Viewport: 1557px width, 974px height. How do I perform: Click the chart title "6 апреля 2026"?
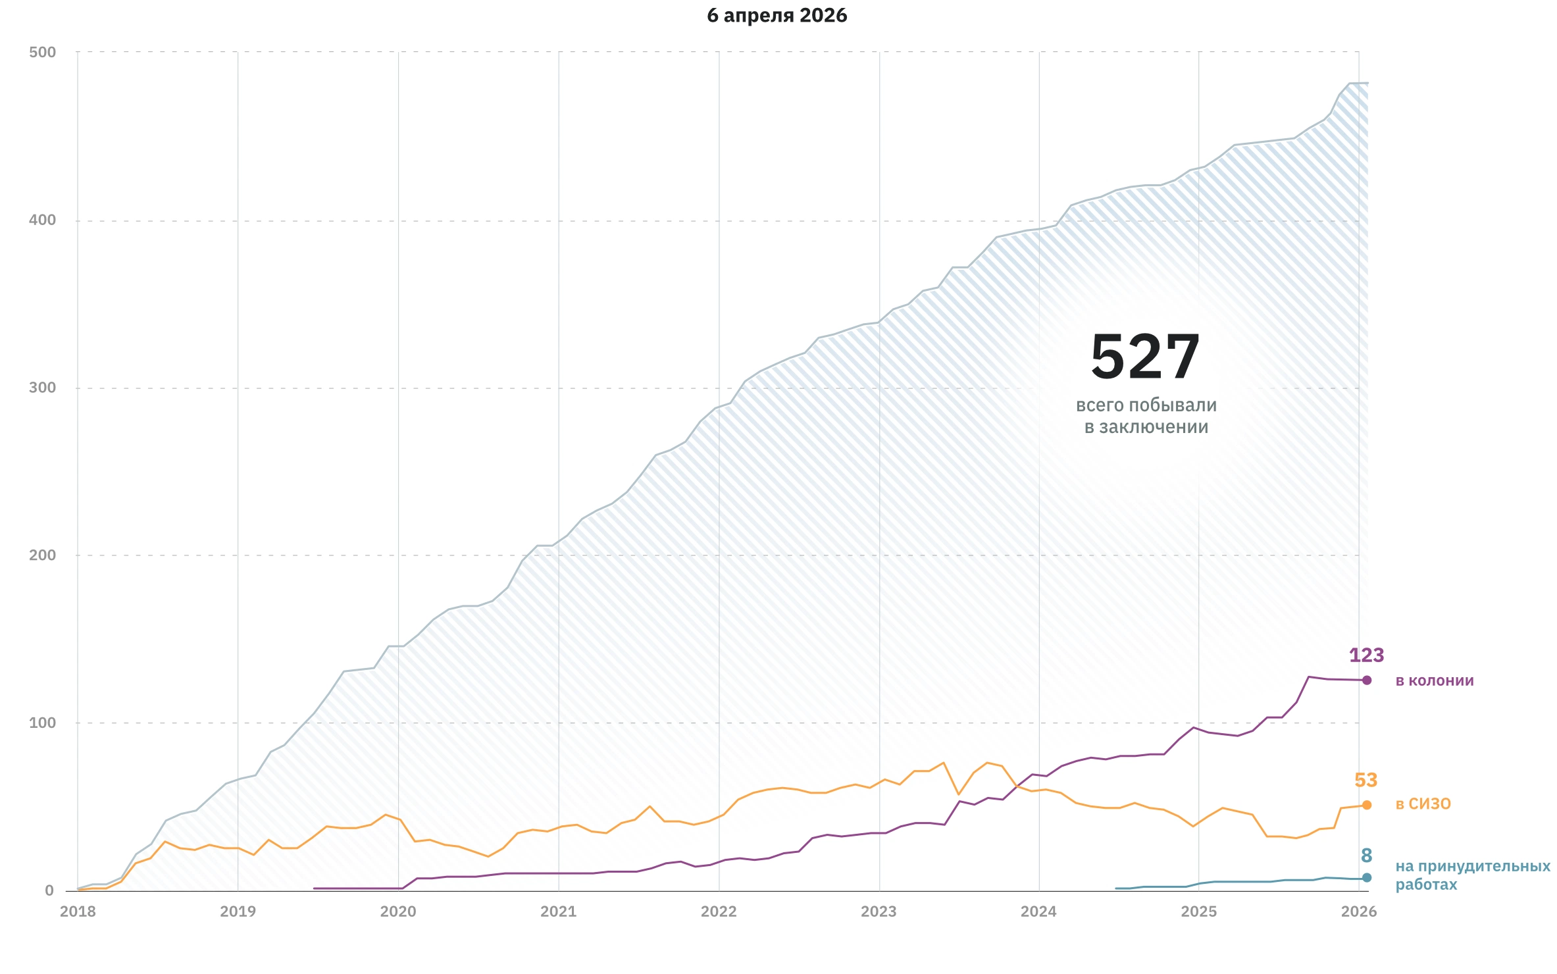777,16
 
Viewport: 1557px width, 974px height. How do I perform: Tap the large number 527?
1145,357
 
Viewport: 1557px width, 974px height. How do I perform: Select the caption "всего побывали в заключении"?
1146,416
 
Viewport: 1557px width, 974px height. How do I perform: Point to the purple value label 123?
1366,655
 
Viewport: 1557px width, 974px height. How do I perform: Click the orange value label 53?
1366,781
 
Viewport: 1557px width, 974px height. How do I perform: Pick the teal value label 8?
1366,856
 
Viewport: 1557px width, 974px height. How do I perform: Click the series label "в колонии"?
1434,680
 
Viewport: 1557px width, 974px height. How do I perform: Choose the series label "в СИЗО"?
1423,804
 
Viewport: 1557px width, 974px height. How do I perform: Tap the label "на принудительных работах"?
1472,875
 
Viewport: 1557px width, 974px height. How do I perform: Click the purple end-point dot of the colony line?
1367,680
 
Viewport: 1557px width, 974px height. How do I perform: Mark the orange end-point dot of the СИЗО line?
1367,805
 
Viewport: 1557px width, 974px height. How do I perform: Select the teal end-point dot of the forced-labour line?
1367,877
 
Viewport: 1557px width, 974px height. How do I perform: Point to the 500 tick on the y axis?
43,53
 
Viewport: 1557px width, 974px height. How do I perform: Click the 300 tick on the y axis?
43,388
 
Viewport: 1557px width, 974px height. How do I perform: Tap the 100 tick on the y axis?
43,723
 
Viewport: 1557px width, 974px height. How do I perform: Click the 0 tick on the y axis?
49,890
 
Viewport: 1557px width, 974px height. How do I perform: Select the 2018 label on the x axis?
78,911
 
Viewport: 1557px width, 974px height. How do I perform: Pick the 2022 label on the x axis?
719,911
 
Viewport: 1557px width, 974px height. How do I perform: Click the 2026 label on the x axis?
1359,911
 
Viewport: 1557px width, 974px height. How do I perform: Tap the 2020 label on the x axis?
398,911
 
